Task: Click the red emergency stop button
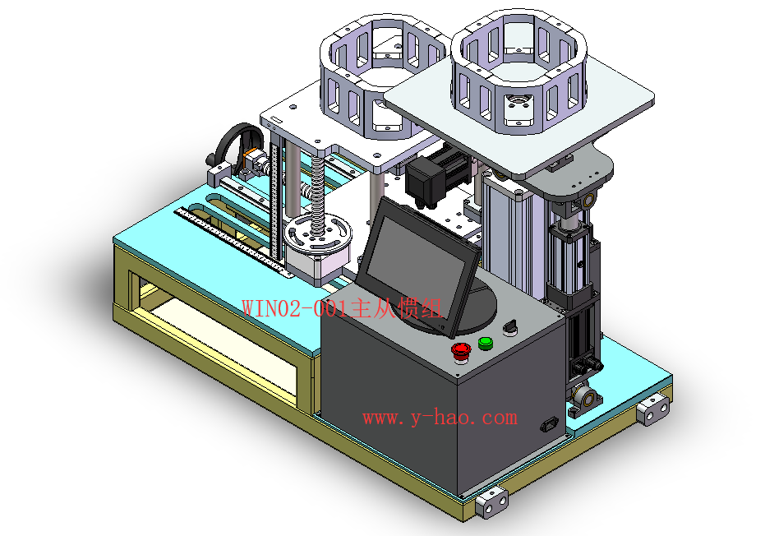(461, 351)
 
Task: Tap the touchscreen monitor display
(417, 266)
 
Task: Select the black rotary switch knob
(510, 327)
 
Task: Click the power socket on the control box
(549, 425)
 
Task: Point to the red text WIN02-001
(296, 308)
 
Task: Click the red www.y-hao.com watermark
(440, 418)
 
